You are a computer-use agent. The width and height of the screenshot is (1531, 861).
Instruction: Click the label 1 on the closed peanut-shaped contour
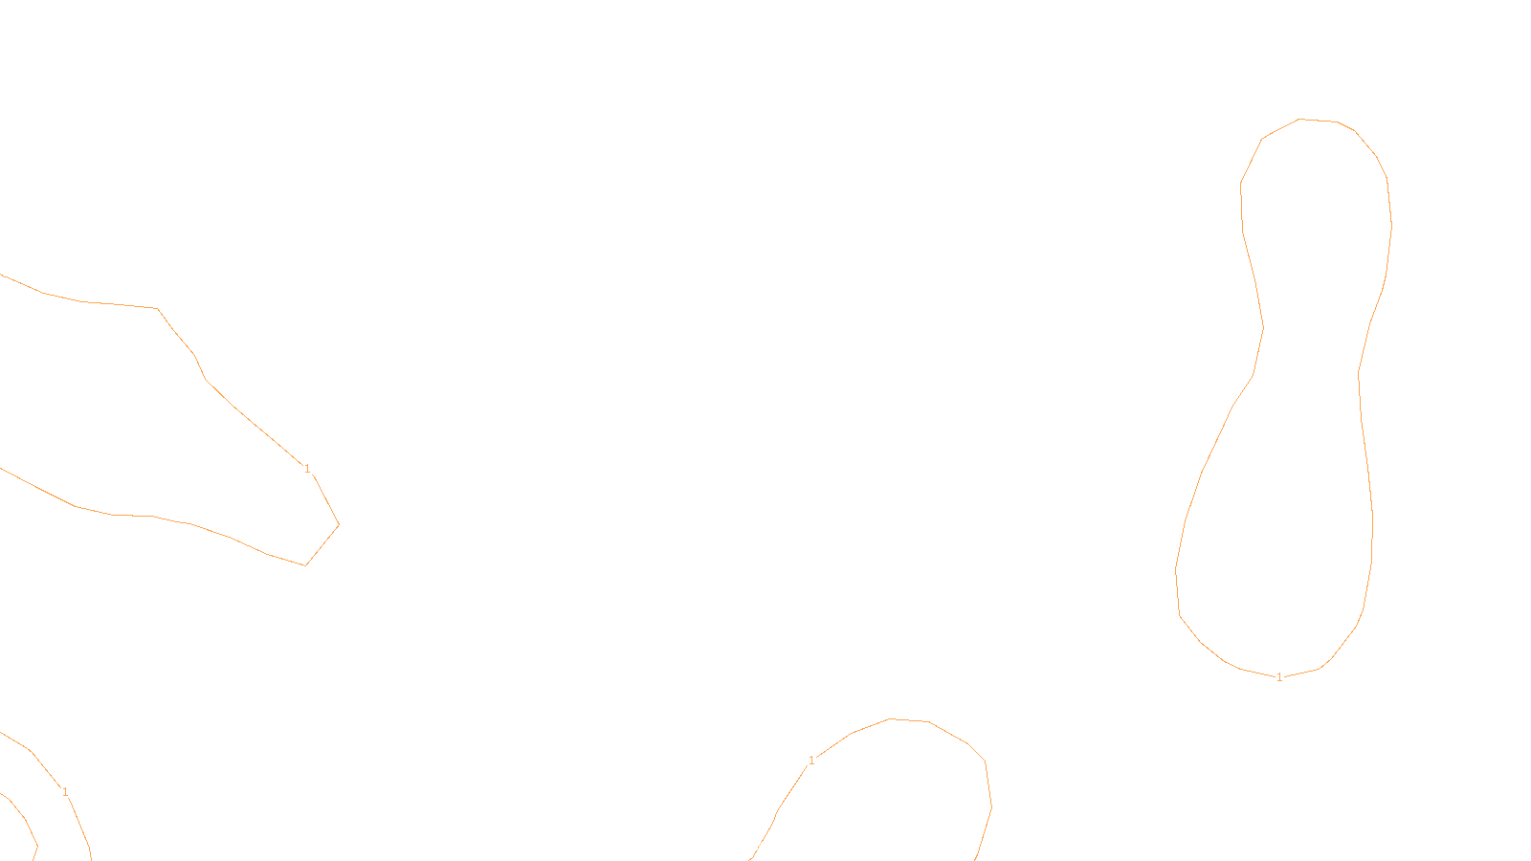(1279, 677)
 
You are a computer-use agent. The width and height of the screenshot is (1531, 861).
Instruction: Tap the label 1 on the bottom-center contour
(811, 761)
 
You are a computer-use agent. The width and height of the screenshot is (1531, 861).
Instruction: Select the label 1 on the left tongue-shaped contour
(307, 469)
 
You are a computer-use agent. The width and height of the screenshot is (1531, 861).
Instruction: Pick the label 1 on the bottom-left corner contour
(65, 792)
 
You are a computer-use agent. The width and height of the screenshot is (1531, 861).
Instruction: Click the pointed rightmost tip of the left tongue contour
(339, 525)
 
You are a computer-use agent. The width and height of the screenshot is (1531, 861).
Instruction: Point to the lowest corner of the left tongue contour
(305, 565)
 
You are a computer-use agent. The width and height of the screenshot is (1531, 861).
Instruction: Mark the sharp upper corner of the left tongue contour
(158, 308)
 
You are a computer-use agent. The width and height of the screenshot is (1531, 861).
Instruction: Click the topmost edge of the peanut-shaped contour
(1299, 119)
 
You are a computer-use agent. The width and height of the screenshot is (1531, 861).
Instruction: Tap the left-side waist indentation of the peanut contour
(1263, 327)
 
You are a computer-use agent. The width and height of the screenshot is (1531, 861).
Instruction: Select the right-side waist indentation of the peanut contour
(1358, 373)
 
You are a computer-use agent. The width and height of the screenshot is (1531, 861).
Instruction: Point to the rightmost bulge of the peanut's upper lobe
(1391, 226)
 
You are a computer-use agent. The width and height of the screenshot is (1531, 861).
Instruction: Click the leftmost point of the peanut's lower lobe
(1176, 568)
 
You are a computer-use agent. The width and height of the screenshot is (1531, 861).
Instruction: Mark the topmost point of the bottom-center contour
(889, 718)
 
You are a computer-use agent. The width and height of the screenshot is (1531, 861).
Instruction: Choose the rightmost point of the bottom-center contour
(991, 806)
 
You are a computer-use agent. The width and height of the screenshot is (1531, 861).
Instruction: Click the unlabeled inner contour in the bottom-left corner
(25, 819)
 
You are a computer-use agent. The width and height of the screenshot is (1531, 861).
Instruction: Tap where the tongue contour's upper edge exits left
(1, 275)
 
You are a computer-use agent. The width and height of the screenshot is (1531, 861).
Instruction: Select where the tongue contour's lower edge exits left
(1, 469)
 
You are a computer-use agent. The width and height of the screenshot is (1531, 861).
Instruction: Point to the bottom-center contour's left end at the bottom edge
(750, 860)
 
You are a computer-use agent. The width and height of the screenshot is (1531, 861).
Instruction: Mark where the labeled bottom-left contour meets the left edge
(1, 733)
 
